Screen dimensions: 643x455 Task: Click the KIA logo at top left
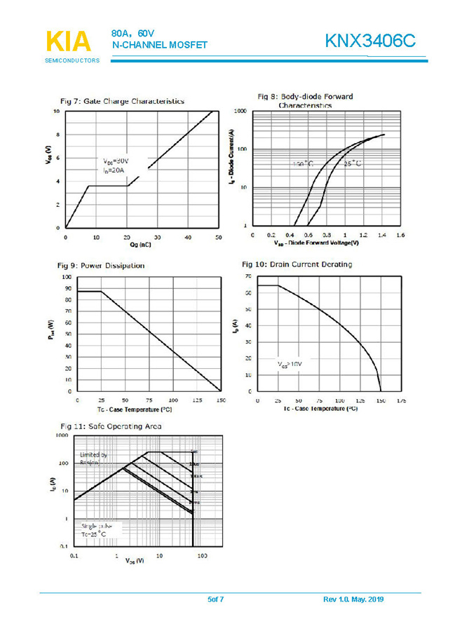pyautogui.click(x=68, y=41)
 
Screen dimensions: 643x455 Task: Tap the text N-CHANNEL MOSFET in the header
pyautogui.click(x=160, y=46)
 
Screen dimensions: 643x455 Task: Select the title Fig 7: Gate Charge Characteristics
pyautogui.click(x=123, y=102)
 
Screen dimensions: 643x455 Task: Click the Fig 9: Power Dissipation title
pyautogui.click(x=102, y=266)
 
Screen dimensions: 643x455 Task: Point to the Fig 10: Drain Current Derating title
pyautogui.click(x=297, y=264)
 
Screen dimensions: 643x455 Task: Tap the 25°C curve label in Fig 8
pyautogui.click(x=353, y=163)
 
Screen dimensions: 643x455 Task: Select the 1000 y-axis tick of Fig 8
pyautogui.click(x=240, y=111)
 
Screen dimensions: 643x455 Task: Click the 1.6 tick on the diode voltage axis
pyautogui.click(x=400, y=236)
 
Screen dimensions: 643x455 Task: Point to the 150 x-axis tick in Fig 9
pyautogui.click(x=221, y=400)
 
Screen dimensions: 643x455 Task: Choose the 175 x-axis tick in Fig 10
pyautogui.click(x=402, y=400)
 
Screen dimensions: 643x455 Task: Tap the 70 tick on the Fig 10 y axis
pyautogui.click(x=248, y=277)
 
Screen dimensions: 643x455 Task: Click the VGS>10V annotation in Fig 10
pyautogui.click(x=288, y=365)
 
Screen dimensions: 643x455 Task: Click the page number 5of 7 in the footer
pyautogui.click(x=215, y=600)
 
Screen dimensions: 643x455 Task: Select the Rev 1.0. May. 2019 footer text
pyautogui.click(x=353, y=600)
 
